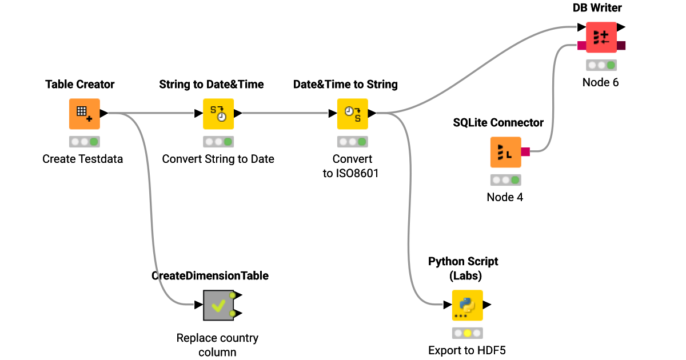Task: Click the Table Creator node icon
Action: coord(85,114)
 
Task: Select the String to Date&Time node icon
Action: coord(218,114)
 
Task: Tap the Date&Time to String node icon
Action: coord(352,114)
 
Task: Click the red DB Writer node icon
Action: coord(601,37)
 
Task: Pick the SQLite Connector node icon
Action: coord(505,152)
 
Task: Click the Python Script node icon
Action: coord(468,305)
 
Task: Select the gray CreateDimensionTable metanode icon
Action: coord(218,305)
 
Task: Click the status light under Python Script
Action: coord(468,333)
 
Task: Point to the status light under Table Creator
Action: coord(85,141)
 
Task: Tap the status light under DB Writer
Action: coord(601,65)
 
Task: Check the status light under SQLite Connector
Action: coord(505,180)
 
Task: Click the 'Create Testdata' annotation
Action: coord(82,159)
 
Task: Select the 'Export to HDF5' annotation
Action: coord(466,350)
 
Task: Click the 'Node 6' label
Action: coord(600,82)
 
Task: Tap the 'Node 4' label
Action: coord(505,197)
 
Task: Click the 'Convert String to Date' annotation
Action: coord(218,159)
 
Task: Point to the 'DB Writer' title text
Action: coord(597,7)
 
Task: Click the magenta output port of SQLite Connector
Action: coord(525,151)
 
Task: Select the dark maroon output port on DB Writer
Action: coord(621,45)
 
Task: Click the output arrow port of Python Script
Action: coord(487,305)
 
